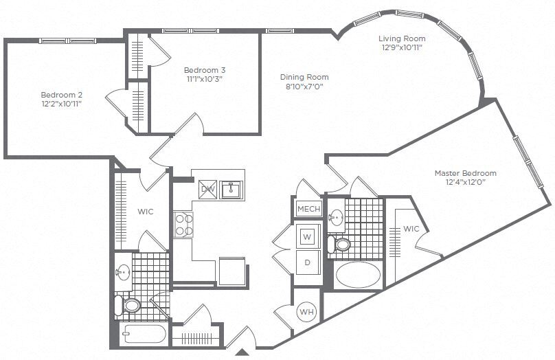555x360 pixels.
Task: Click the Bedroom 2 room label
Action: pyautogui.click(x=62, y=94)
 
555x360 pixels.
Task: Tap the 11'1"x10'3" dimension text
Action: pyautogui.click(x=204, y=79)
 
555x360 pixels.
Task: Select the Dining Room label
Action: pyautogui.click(x=304, y=78)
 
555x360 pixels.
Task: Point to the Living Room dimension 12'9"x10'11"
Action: pyautogui.click(x=403, y=48)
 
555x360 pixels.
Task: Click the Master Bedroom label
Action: pyautogui.click(x=465, y=173)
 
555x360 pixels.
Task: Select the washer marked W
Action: pyautogui.click(x=307, y=237)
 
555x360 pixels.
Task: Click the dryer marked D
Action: pyautogui.click(x=307, y=262)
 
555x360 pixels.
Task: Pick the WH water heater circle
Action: pyautogui.click(x=306, y=313)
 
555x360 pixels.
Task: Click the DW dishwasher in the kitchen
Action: pyautogui.click(x=207, y=189)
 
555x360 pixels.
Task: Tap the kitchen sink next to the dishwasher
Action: pyautogui.click(x=232, y=188)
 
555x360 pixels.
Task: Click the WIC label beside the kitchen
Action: pyautogui.click(x=145, y=212)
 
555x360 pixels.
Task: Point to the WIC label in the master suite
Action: pyautogui.click(x=411, y=229)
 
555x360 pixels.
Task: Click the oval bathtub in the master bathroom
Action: pyautogui.click(x=357, y=276)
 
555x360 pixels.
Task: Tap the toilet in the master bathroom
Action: pyautogui.click(x=341, y=244)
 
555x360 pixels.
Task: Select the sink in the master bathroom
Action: pyautogui.click(x=336, y=218)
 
